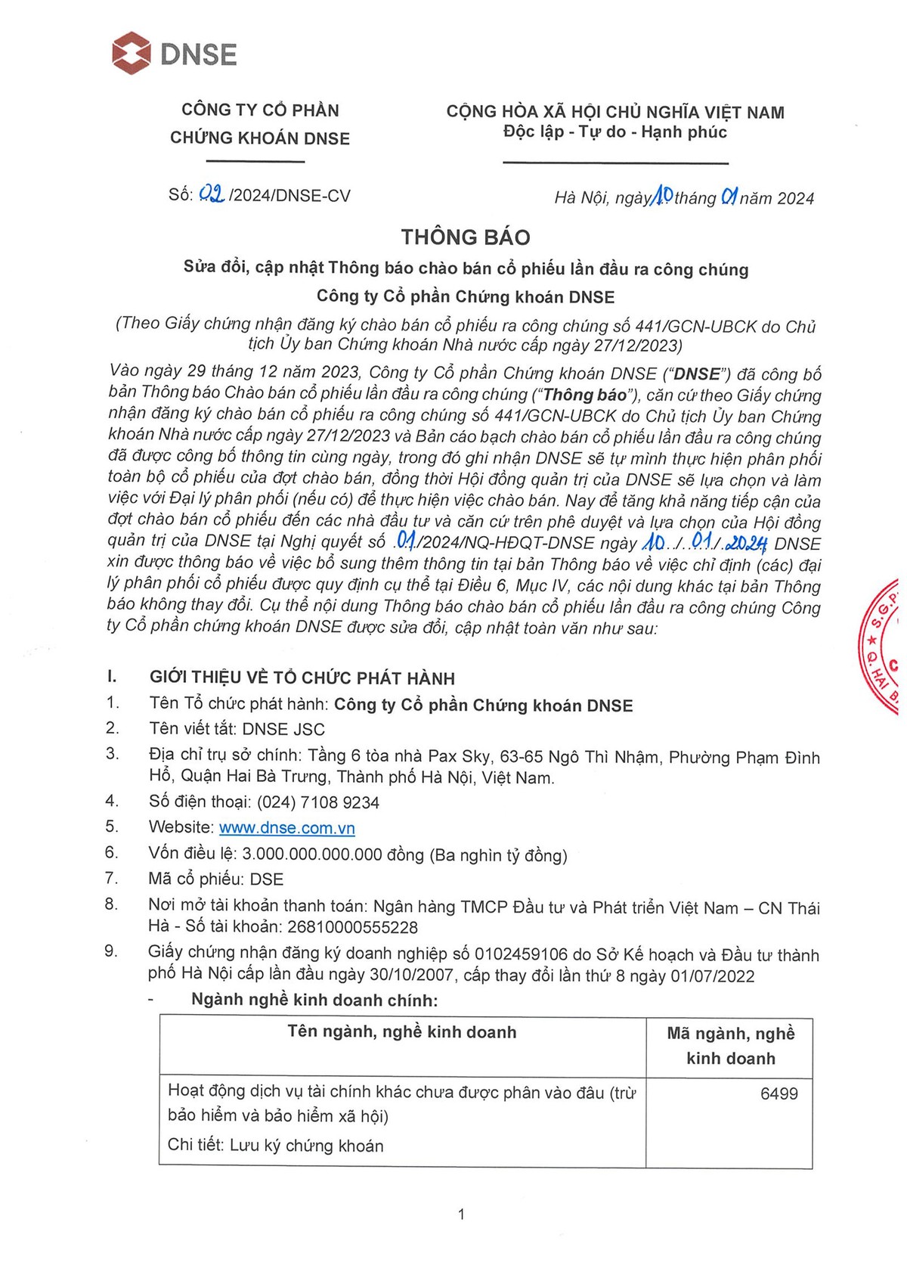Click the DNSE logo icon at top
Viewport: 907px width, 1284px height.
pos(132,54)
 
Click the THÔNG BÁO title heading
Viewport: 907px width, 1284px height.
pos(466,237)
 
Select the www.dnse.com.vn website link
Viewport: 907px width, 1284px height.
pos(287,827)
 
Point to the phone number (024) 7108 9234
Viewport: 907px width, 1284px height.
pos(318,802)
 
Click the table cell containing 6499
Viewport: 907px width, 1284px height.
pos(779,1093)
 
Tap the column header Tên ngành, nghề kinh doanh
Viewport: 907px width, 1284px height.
pos(402,1032)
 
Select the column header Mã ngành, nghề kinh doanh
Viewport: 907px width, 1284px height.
pos(730,1046)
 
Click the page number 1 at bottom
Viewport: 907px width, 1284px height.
pos(462,1214)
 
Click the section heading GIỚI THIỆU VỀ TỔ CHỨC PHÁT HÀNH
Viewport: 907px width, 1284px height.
pos(302,678)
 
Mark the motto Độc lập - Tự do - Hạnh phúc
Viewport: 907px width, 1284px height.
pos(615,132)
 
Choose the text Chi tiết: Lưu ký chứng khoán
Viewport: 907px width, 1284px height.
pos(276,1146)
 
